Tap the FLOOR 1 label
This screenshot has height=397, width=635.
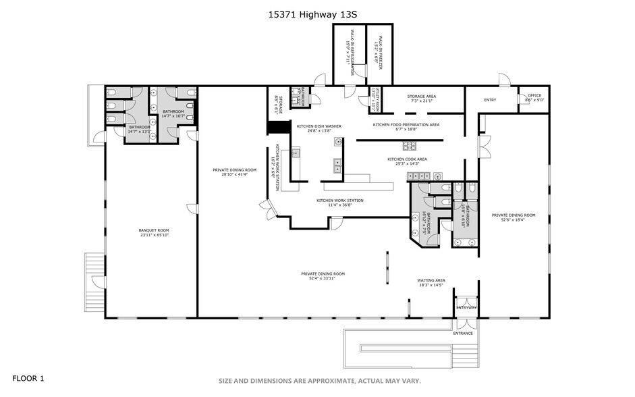28,379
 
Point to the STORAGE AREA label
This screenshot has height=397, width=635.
421,97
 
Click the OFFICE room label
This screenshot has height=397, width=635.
534,96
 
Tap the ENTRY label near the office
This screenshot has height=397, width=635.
490,100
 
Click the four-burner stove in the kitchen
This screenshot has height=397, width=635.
409,146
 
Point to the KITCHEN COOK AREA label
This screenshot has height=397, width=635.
407,159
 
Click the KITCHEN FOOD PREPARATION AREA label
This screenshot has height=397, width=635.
406,124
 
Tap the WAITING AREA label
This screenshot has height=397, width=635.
431,280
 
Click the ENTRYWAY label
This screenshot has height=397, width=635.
466,308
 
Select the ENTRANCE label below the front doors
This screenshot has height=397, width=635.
463,333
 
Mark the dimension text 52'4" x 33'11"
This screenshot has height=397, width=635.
323,277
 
